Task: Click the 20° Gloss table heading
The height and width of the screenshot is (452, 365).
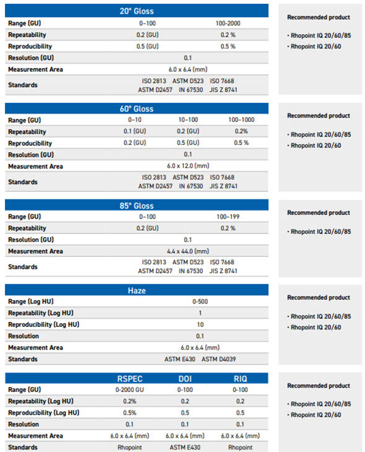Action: coord(137,11)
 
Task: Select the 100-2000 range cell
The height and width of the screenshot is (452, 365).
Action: coord(228,24)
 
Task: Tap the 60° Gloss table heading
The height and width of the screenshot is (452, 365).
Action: coord(137,109)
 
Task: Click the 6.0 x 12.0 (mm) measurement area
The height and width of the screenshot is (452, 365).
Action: coord(188,166)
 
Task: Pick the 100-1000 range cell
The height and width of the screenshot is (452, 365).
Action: coord(241,120)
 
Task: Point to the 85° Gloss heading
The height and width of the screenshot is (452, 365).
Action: coord(137,206)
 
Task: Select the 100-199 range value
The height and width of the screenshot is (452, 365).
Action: coord(228,217)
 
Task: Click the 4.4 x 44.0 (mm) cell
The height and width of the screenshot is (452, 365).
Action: coord(188,251)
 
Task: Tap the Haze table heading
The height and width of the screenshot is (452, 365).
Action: coord(137,290)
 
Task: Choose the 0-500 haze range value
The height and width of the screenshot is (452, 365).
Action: coord(200,302)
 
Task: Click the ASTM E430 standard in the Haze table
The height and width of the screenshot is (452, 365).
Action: coord(180,359)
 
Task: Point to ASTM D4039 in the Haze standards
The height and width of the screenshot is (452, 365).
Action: coord(218,359)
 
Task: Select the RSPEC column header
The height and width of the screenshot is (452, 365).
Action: coord(130,379)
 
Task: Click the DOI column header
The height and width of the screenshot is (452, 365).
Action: coord(185,379)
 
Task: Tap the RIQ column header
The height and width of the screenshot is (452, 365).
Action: coord(240,379)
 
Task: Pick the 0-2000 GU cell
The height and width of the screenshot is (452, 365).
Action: coord(130,389)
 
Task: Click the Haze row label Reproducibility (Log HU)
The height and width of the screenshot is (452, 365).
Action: coord(43,324)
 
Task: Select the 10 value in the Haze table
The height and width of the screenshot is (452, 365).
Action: coord(200,324)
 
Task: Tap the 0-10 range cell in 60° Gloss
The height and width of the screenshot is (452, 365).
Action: coord(135,120)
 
